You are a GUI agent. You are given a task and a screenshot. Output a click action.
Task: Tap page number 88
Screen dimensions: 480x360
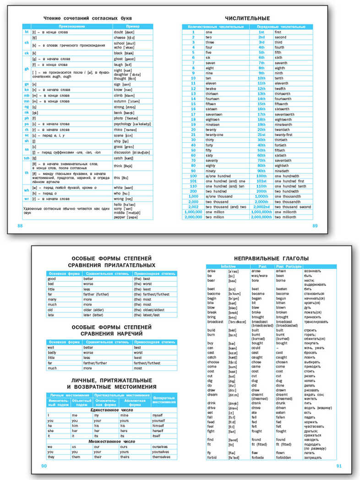pyautogui.click(x=19, y=226)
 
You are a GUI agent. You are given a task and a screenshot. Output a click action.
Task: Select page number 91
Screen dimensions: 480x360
pyautogui.click(x=339, y=466)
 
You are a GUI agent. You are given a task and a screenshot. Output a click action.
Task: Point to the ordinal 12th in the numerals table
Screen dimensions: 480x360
pyautogui.click(x=261, y=88)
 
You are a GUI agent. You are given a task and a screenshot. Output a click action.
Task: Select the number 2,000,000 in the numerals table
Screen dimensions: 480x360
pyautogui.click(x=192, y=217)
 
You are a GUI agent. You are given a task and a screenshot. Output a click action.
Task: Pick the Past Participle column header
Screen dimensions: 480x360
pyautogui.click(x=288, y=266)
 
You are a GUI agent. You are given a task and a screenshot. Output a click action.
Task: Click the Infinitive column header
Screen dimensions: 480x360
pyautogui.click(x=228, y=266)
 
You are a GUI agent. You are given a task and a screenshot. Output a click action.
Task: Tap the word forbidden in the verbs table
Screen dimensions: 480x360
pyautogui.click(x=287, y=458)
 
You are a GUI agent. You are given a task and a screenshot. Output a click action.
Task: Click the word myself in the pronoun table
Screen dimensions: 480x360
pyautogui.click(x=158, y=415)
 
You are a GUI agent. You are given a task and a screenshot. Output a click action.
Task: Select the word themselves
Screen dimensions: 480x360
pyautogui.click(x=161, y=457)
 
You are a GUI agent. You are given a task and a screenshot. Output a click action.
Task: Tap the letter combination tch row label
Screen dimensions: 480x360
pyautogui.click(x=27, y=158)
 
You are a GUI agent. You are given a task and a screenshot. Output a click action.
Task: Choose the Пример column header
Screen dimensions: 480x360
pyautogui.click(x=133, y=27)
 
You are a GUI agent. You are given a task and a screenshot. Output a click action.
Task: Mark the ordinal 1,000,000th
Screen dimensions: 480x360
pyautogui.click(x=261, y=212)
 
